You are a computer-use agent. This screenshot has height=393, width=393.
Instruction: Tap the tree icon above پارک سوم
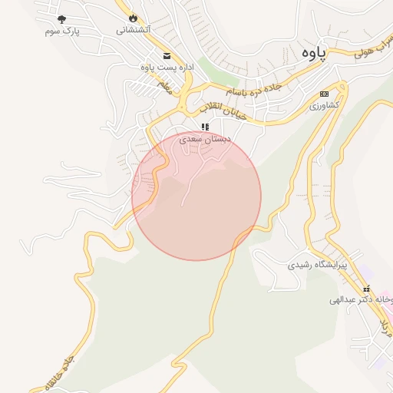coord(62,18)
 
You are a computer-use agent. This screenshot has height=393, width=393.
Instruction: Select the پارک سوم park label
coord(62,31)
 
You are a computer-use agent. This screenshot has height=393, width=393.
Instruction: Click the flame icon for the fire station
coord(134,17)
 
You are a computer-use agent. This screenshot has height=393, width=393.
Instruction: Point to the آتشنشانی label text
coord(134,30)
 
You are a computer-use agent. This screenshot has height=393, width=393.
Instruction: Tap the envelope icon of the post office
coord(167,55)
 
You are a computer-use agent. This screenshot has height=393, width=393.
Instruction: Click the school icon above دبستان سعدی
coord(205,127)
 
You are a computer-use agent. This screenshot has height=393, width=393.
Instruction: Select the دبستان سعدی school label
coord(205,140)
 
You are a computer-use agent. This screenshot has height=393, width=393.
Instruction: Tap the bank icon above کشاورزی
coord(324,94)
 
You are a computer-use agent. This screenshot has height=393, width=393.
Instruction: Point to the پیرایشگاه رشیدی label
coord(317,265)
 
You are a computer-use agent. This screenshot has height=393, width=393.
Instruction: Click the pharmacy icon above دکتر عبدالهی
coord(366,288)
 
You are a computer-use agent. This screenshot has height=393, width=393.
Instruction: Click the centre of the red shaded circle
coord(196,196)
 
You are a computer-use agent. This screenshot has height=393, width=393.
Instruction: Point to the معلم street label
coord(164,91)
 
